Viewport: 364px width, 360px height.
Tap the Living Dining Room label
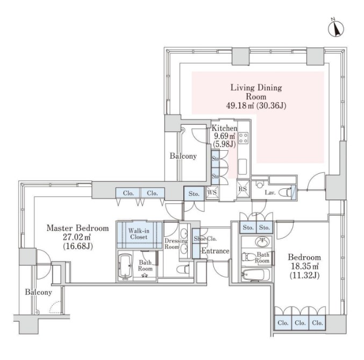pyautogui.click(x=256, y=91)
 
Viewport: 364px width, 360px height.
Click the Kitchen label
pyautogui.click(x=224, y=129)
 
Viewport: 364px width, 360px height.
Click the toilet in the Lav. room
pyautogui.click(x=289, y=192)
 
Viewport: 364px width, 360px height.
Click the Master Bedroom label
pyautogui.click(x=77, y=228)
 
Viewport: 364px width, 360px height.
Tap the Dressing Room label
pyautogui.click(x=173, y=243)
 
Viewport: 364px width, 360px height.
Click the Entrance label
pyautogui.click(x=216, y=251)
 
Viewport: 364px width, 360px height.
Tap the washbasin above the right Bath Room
pyautogui.click(x=263, y=241)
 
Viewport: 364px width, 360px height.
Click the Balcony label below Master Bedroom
pyautogui.click(x=38, y=292)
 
